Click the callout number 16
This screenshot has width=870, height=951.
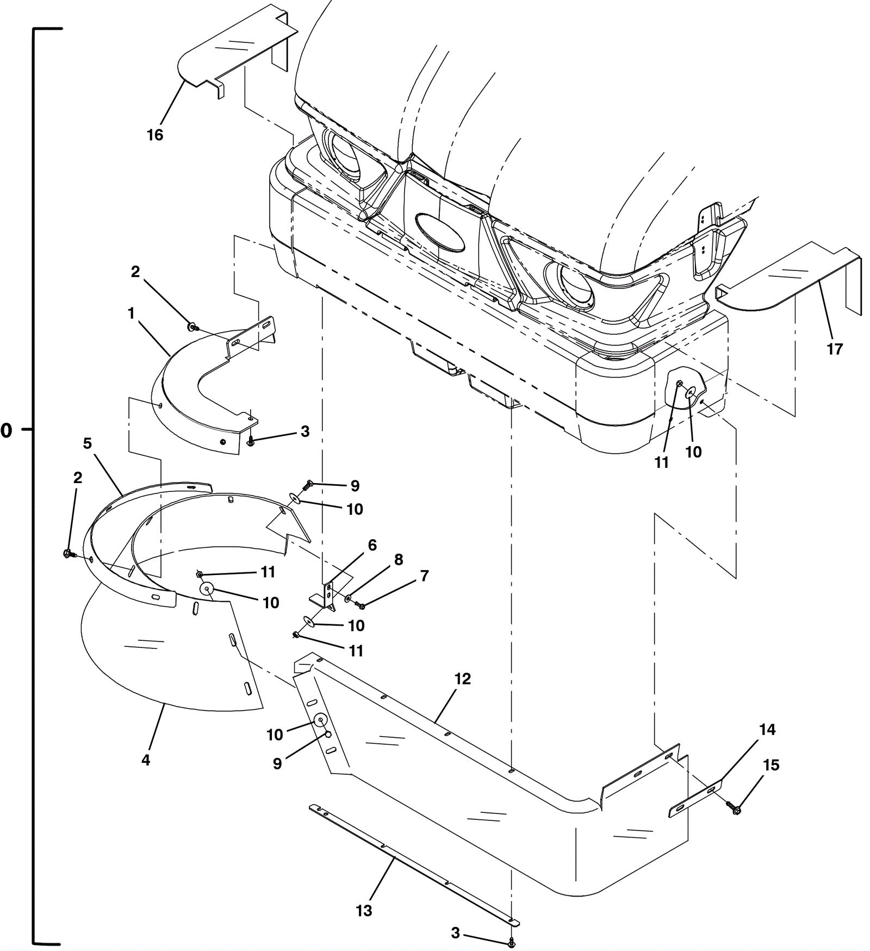155,134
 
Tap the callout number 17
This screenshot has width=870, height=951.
835,349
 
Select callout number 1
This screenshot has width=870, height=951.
131,313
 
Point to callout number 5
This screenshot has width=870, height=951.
88,443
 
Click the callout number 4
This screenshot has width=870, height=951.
146,760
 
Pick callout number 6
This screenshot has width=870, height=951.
372,545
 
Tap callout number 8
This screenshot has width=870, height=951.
399,560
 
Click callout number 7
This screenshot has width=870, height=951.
425,576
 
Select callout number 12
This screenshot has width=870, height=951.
463,679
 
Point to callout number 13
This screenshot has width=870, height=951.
364,911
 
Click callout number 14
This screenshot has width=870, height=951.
767,730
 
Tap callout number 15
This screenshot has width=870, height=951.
771,765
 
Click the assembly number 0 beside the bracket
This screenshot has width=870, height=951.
6,431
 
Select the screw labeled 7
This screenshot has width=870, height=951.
360,605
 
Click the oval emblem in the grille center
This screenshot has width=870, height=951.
440,232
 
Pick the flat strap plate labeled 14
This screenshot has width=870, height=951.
695,798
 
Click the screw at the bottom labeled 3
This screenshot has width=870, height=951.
511,942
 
